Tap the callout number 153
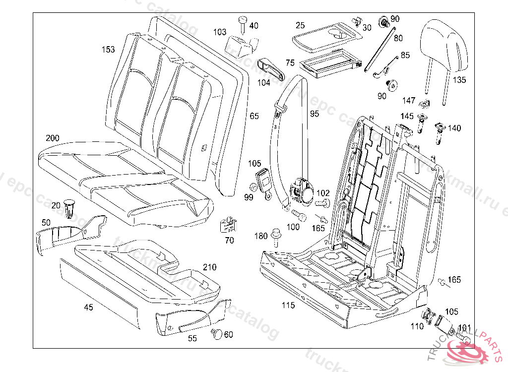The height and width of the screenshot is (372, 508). pos(108,50)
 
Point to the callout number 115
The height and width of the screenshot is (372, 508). pos(288,305)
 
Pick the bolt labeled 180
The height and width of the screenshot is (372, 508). pos(276,238)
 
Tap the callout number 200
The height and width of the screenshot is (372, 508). pos(52,138)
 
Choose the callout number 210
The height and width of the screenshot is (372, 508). pos(209,267)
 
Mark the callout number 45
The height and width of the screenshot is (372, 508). pos(88,308)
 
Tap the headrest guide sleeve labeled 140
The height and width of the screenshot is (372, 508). pos(439,131)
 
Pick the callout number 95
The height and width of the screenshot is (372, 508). pos(315,114)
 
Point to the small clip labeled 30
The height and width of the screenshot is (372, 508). pos(355,22)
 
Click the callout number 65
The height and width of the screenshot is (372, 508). pos(254,116)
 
